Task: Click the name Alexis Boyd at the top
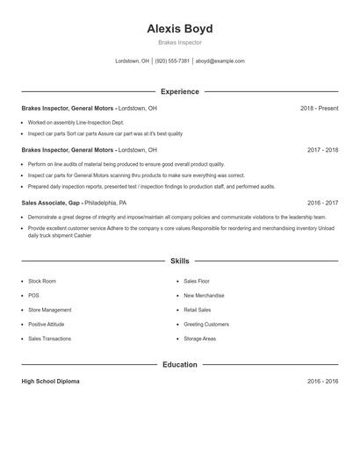point(180,28)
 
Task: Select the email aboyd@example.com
point(220,61)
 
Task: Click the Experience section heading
point(180,91)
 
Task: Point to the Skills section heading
point(180,261)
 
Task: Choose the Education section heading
point(180,364)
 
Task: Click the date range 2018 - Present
point(319,108)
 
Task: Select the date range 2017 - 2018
point(322,150)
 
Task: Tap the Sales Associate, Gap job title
point(57,202)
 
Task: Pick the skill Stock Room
point(42,281)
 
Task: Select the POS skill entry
point(33,296)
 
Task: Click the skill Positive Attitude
point(47,324)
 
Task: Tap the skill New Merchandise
point(204,296)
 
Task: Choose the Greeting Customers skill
point(206,324)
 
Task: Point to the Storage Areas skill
point(200,339)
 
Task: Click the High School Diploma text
point(51,382)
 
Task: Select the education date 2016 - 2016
point(322,382)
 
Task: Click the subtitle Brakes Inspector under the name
point(180,42)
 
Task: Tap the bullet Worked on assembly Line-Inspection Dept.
point(76,123)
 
